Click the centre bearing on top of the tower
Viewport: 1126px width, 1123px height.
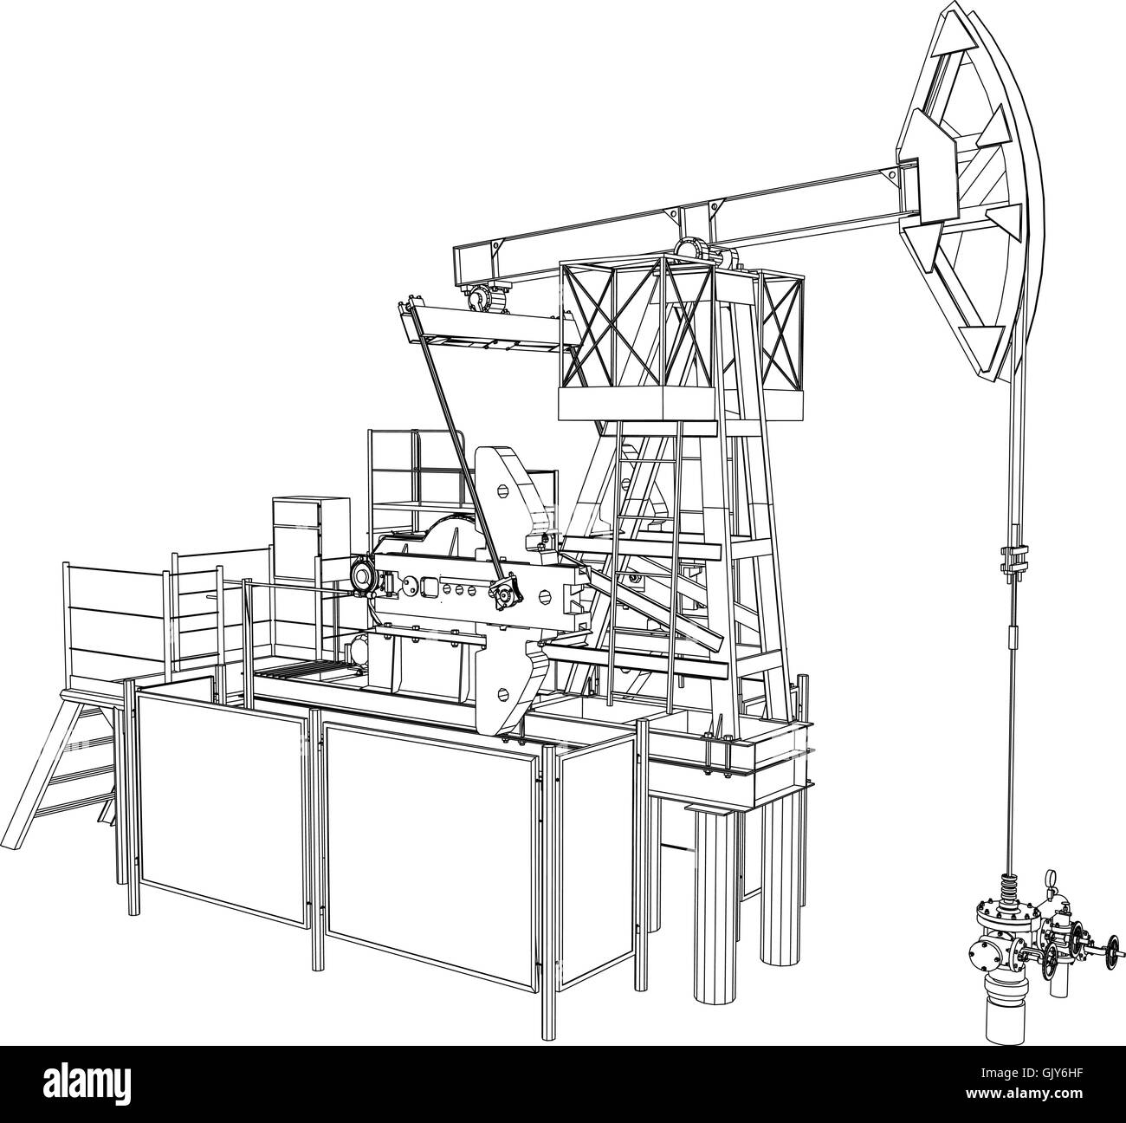point(689,249)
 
